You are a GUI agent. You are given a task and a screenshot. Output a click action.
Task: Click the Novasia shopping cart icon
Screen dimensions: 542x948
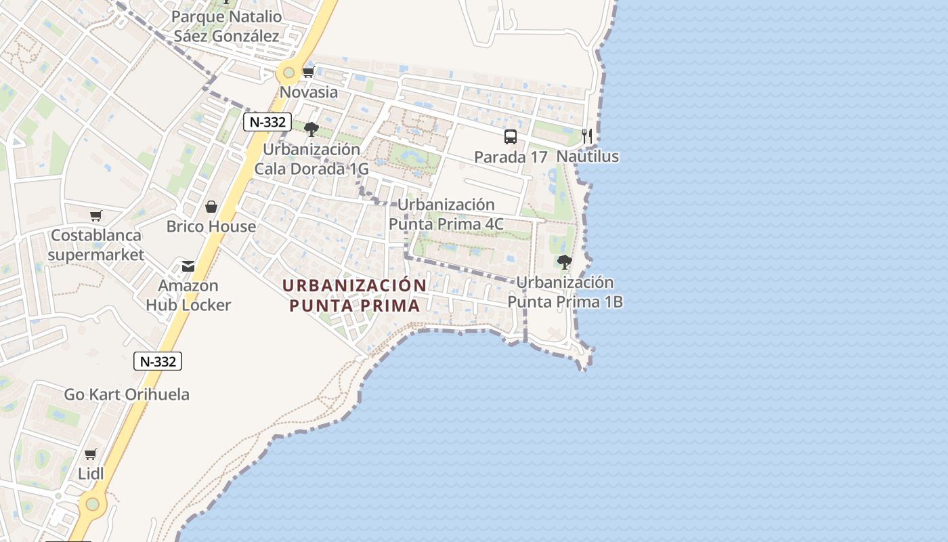click(308, 72)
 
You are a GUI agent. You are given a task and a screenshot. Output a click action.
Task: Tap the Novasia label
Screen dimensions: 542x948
click(309, 92)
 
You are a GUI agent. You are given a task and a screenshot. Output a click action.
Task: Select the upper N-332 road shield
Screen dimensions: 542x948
click(267, 122)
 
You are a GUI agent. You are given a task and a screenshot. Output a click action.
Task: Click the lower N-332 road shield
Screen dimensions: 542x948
click(158, 361)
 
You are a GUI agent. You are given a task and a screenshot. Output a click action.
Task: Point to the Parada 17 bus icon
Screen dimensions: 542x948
click(511, 137)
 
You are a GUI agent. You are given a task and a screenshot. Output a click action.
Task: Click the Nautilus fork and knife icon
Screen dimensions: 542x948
click(587, 136)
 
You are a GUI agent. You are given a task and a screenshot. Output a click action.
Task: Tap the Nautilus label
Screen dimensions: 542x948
click(588, 157)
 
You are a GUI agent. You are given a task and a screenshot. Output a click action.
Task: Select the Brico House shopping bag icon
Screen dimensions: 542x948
click(211, 207)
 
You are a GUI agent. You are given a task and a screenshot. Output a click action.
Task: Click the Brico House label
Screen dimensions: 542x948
click(211, 226)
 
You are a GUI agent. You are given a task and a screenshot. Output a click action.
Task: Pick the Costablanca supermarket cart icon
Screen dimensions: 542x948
click(95, 215)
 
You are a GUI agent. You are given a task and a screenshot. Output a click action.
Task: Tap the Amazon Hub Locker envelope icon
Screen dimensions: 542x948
click(188, 266)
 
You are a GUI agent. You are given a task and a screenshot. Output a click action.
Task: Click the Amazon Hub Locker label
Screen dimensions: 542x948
click(188, 295)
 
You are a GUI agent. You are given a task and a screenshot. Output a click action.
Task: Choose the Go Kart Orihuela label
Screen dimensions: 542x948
click(127, 394)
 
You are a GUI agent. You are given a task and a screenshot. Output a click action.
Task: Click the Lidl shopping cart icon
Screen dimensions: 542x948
click(90, 454)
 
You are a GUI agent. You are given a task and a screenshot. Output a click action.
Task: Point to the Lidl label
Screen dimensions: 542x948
click(91, 474)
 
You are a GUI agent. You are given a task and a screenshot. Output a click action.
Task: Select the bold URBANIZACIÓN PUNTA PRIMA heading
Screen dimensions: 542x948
click(355, 295)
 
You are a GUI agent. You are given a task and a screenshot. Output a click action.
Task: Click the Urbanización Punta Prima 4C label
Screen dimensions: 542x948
click(446, 214)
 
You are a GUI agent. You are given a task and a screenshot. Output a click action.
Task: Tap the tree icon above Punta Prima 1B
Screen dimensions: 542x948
click(564, 262)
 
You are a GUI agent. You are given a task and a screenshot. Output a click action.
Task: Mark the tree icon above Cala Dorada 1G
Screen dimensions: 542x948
click(311, 129)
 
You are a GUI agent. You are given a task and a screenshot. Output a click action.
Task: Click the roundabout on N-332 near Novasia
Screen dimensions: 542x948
click(289, 72)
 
